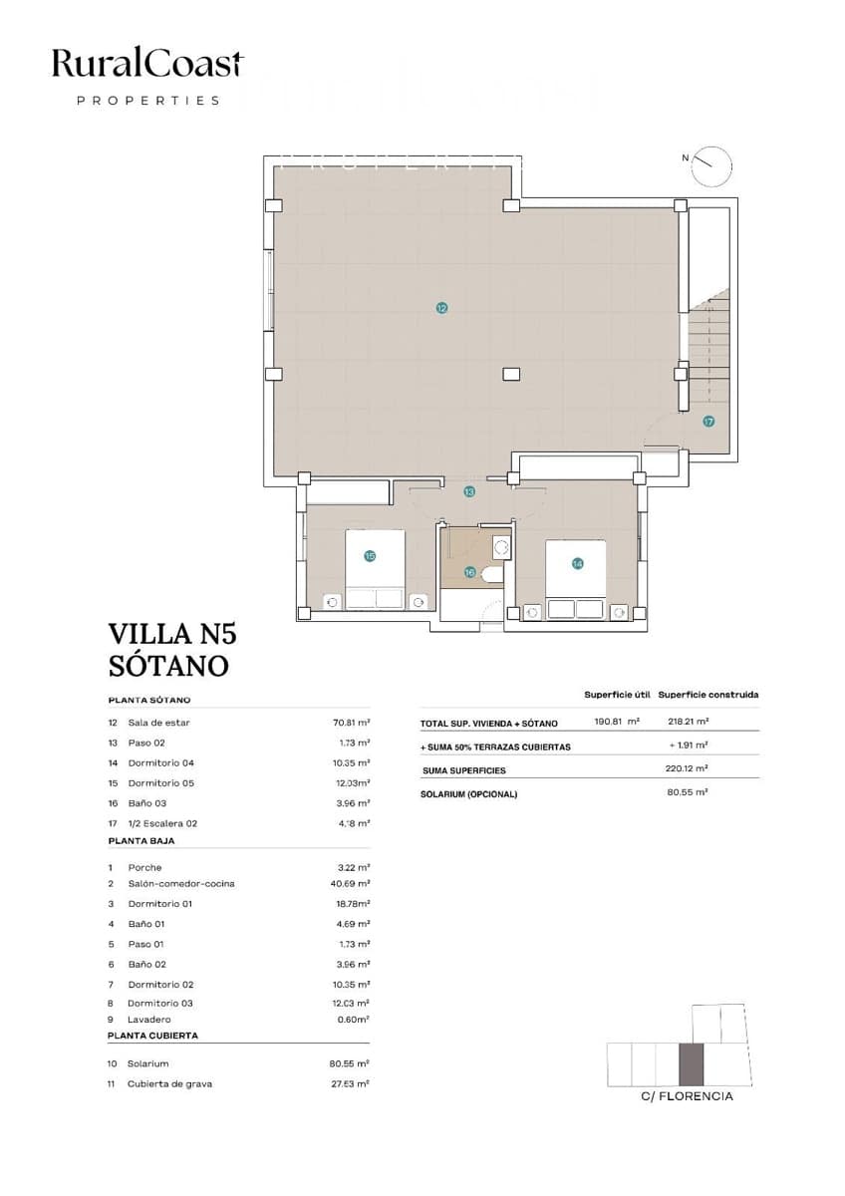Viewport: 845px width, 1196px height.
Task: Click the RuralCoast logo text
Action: [x=147, y=66]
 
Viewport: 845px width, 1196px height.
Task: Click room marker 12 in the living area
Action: [x=441, y=309]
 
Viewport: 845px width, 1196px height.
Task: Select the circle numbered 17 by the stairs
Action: [x=708, y=422]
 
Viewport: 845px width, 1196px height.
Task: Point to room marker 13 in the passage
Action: [x=469, y=491]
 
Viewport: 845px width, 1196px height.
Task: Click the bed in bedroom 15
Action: [x=375, y=569]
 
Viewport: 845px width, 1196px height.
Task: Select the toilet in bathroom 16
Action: [x=491, y=575]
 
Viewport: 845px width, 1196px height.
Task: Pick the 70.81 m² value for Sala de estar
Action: [x=351, y=723]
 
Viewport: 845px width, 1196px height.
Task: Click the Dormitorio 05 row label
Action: [x=160, y=783]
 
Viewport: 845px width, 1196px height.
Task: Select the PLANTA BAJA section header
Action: [x=141, y=841]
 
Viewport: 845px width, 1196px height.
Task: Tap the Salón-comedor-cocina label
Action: [x=181, y=884]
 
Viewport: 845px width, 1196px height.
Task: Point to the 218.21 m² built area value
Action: [x=688, y=723]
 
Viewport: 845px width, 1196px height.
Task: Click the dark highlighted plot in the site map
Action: [x=691, y=1064]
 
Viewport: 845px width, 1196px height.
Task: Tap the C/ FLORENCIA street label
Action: [x=688, y=1096]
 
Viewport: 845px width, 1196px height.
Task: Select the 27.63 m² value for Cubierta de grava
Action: [x=350, y=1083]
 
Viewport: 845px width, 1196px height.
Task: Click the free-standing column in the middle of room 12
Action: [x=511, y=374]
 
